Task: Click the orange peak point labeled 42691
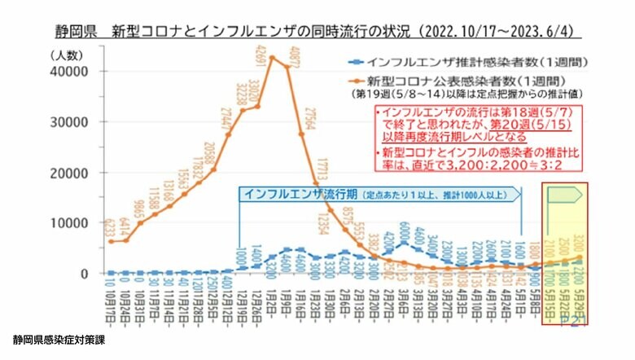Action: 272,57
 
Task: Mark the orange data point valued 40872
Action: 287,68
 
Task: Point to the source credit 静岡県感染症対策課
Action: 59,336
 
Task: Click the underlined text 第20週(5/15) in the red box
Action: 528,125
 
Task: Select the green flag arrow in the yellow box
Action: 565,194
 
